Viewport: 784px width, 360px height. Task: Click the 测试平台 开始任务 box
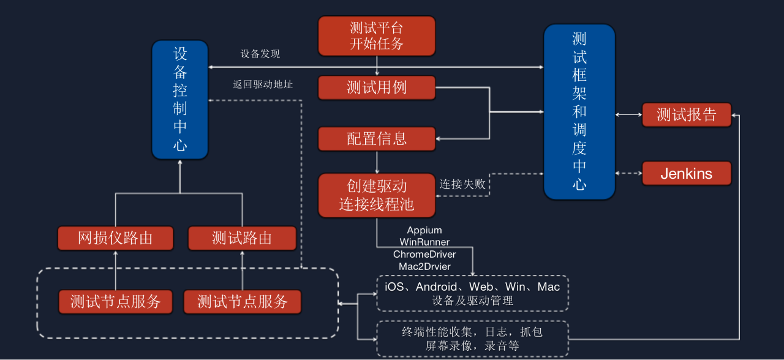pos(377,36)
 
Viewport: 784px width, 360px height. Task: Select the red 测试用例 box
pos(377,88)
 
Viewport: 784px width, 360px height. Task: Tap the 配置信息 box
pos(377,139)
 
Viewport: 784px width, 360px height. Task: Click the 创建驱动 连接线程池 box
pos(377,195)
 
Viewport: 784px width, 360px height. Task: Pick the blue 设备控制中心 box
pos(179,100)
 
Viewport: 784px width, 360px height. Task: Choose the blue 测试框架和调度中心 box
pos(579,111)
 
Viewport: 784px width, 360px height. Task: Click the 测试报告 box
pos(686,114)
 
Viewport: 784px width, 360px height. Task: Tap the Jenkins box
pos(686,173)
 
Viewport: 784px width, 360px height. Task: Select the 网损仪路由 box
pos(115,238)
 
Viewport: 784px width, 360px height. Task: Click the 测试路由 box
pos(242,238)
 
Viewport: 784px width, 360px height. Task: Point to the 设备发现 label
pos(260,54)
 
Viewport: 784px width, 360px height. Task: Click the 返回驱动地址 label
pos(263,84)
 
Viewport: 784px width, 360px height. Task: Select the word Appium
pos(424,231)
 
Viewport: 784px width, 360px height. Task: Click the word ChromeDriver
pos(424,254)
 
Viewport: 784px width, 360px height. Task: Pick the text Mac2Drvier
pos(424,266)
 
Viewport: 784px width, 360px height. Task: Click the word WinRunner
pos(424,242)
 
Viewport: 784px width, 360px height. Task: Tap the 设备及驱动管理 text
pos(472,301)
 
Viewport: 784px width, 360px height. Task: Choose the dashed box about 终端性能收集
pos(472,339)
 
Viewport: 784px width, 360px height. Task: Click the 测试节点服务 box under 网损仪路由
pos(115,301)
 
